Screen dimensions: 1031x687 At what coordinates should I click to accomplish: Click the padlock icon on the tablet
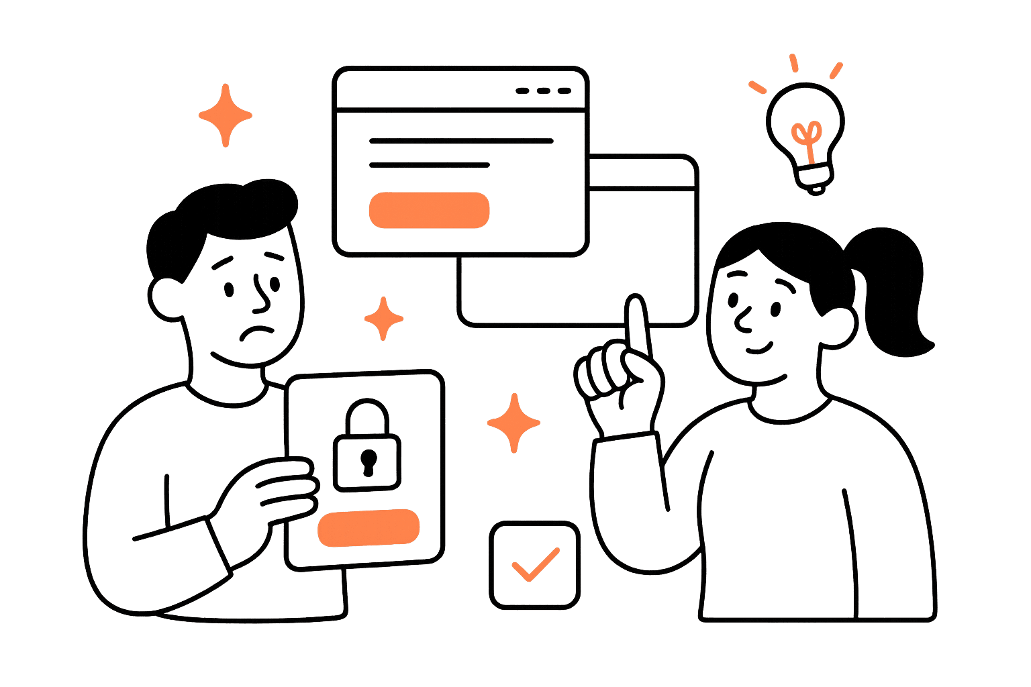(366, 446)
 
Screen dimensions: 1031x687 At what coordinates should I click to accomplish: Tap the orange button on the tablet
(369, 527)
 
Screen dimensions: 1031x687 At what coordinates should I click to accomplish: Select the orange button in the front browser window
(429, 210)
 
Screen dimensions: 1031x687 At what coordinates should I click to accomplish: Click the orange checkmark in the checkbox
(535, 565)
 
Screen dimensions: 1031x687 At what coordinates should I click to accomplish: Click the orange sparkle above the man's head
(226, 115)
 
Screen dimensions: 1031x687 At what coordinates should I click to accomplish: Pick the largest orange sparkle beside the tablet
(514, 423)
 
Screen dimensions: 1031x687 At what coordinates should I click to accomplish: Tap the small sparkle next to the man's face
(384, 319)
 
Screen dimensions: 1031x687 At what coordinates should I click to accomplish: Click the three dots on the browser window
(543, 91)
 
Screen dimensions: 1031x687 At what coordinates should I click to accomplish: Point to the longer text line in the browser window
(461, 142)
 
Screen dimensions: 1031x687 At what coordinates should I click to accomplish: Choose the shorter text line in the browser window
(430, 164)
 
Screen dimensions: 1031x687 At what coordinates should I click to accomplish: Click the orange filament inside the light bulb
(807, 138)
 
